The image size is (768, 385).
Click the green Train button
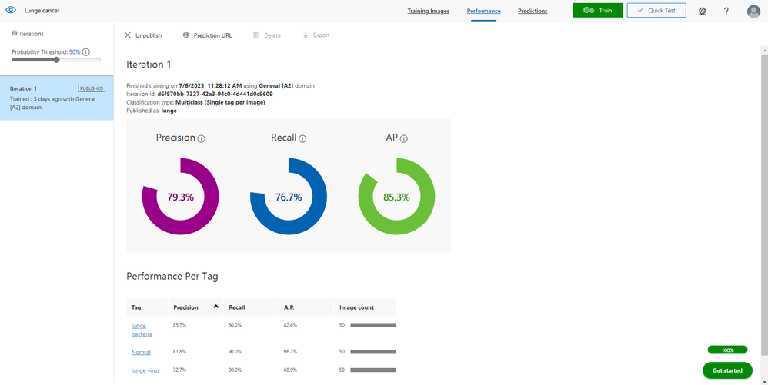click(x=597, y=11)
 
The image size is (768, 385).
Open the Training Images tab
click(x=429, y=12)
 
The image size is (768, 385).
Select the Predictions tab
click(x=533, y=12)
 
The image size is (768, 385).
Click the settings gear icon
click(x=702, y=12)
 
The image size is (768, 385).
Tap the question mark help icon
click(x=726, y=12)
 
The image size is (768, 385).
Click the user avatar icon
click(x=753, y=12)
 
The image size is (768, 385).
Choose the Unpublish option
click(x=143, y=35)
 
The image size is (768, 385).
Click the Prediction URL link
click(x=208, y=35)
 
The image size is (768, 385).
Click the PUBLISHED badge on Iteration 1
click(x=92, y=88)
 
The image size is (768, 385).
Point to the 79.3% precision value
click(x=180, y=197)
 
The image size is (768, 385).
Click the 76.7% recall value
click(x=289, y=197)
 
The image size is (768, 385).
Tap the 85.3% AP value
click(x=396, y=197)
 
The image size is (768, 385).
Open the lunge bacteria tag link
click(x=142, y=330)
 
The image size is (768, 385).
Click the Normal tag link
click(x=140, y=352)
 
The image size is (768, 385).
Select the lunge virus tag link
click(x=145, y=370)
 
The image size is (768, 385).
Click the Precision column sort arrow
click(x=216, y=307)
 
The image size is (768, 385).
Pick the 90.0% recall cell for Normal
click(x=235, y=352)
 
